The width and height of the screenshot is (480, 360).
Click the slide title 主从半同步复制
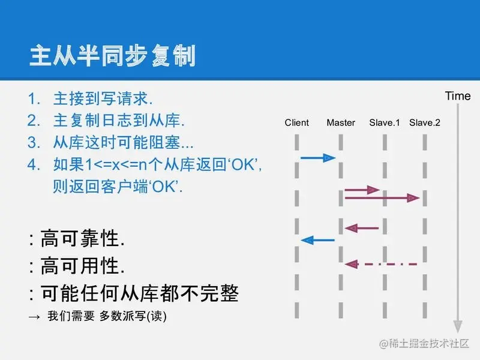pyautogui.click(x=112, y=56)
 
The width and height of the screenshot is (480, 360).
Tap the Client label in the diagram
pyautogui.click(x=296, y=123)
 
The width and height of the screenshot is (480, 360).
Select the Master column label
pyautogui.click(x=341, y=123)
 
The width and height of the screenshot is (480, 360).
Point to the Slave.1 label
pyautogui.click(x=385, y=123)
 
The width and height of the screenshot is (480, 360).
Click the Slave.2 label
pyautogui.click(x=425, y=123)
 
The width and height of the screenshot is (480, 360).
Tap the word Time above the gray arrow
pyautogui.click(x=458, y=96)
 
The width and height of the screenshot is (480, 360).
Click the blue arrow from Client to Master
pyautogui.click(x=318, y=158)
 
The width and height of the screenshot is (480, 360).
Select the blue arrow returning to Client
pyautogui.click(x=318, y=241)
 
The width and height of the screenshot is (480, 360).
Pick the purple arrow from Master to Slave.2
pyautogui.click(x=382, y=198)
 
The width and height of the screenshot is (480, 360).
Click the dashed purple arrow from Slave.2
pyautogui.click(x=381, y=264)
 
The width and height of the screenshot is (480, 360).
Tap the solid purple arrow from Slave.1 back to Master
pyautogui.click(x=362, y=228)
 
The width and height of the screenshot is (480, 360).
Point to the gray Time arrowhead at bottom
pyautogui.click(x=458, y=326)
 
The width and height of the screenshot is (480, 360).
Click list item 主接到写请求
pyautogui.click(x=103, y=98)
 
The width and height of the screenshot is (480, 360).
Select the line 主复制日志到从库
pyautogui.click(x=119, y=121)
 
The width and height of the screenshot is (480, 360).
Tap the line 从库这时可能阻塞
pyautogui.click(x=124, y=142)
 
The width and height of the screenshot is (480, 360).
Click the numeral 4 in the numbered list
pyautogui.click(x=34, y=164)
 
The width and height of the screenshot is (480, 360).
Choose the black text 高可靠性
pyautogui.click(x=82, y=238)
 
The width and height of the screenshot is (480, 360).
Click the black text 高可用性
pyautogui.click(x=82, y=265)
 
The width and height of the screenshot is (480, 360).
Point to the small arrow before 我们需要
pyautogui.click(x=34, y=317)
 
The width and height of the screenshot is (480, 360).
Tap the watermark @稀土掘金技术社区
pyautogui.click(x=424, y=343)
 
